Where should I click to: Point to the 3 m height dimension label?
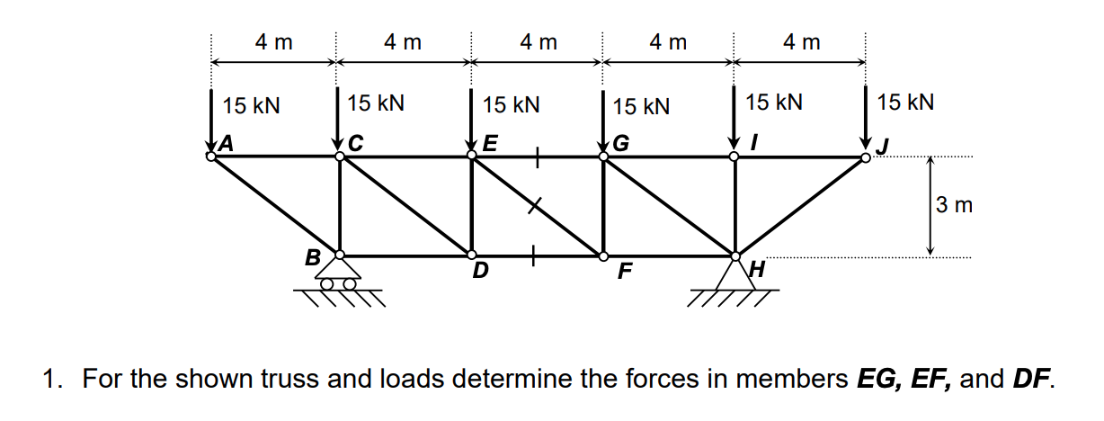pyautogui.click(x=954, y=205)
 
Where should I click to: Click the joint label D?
pyautogui.click(x=480, y=270)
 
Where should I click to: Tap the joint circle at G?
pyautogui.click(x=604, y=157)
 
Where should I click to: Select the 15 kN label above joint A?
pyautogui.click(x=252, y=105)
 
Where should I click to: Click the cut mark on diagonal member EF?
pyautogui.click(x=537, y=206)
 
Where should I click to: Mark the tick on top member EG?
pyautogui.click(x=537, y=157)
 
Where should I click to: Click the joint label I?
pyautogui.click(x=756, y=142)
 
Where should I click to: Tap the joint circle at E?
pyautogui.click(x=471, y=157)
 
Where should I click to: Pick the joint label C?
pyautogui.click(x=356, y=142)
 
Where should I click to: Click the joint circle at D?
pyautogui.click(x=471, y=255)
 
